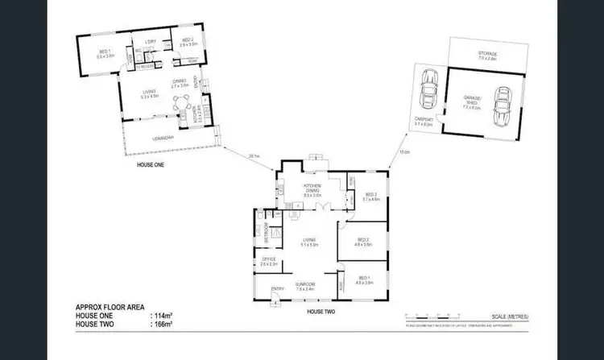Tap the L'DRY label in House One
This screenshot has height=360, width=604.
[x=150, y=41]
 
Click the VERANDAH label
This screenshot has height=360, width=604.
[x=163, y=138]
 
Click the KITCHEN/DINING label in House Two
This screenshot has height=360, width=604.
[x=312, y=192]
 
